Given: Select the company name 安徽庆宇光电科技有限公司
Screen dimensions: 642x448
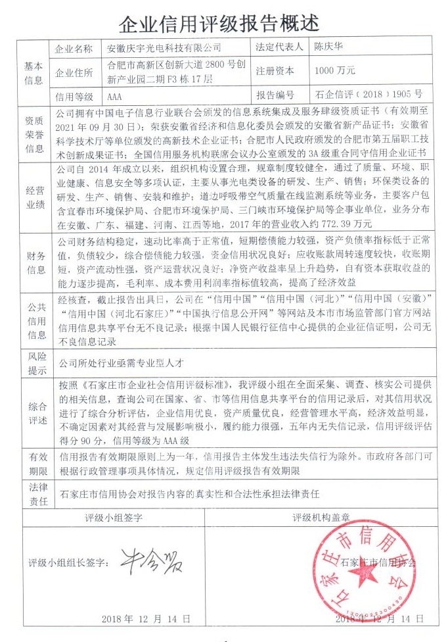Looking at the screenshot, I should (x=164, y=49).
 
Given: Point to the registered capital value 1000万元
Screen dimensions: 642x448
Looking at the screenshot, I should (x=335, y=70).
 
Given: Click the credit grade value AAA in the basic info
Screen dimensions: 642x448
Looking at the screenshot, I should (x=115, y=94).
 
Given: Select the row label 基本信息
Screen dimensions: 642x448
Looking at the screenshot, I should (x=34, y=72).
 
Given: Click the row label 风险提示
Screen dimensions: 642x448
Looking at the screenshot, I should (x=34, y=362).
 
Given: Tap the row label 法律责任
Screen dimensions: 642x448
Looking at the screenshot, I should (x=34, y=492).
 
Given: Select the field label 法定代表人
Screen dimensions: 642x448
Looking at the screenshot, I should (x=279, y=49).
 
